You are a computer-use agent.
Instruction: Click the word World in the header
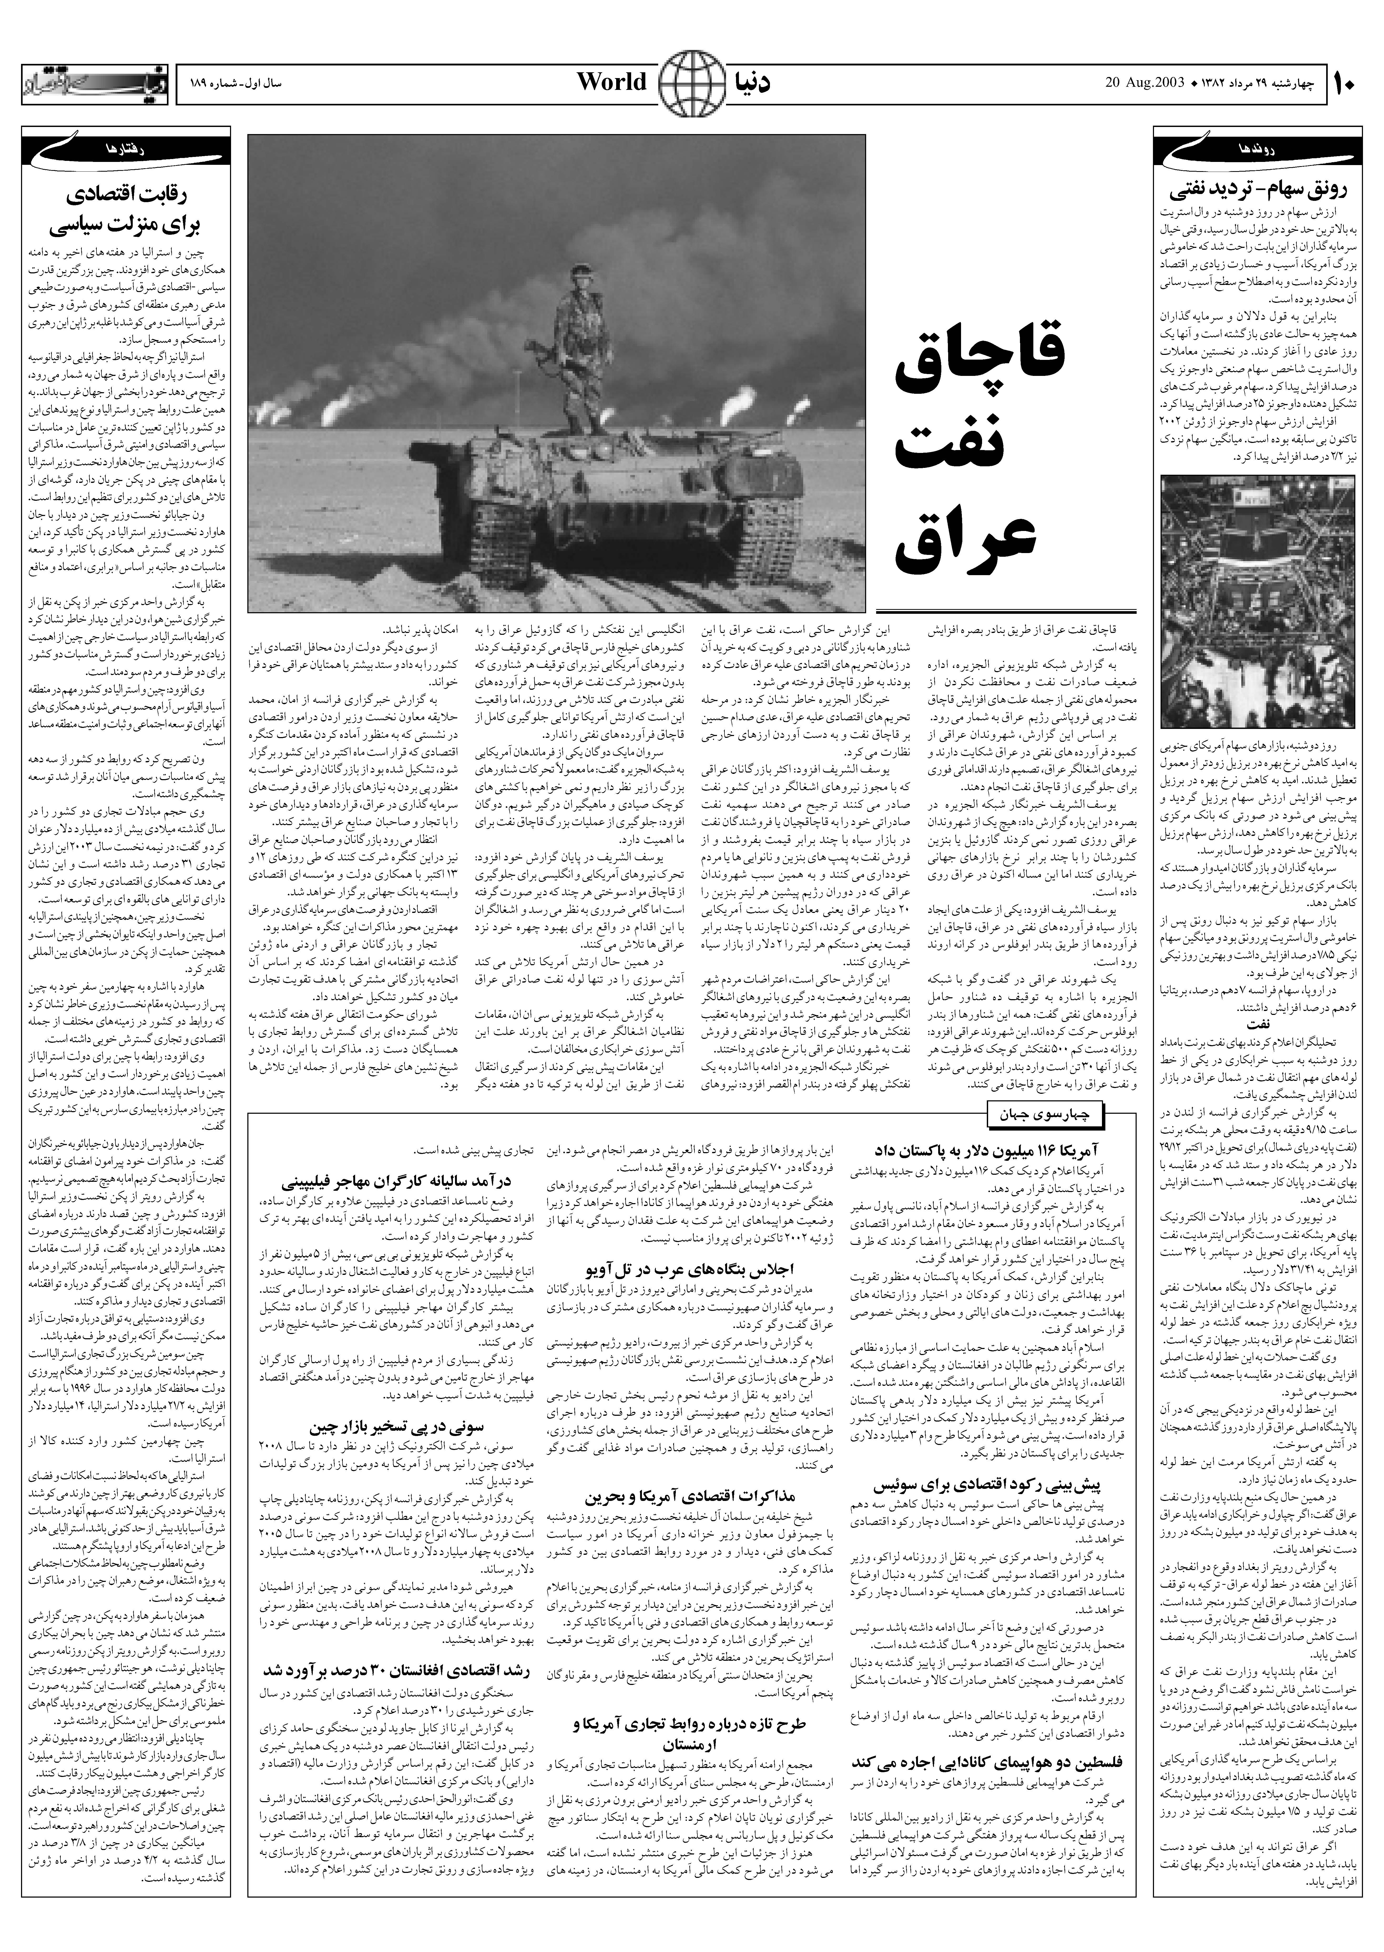click(612, 83)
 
